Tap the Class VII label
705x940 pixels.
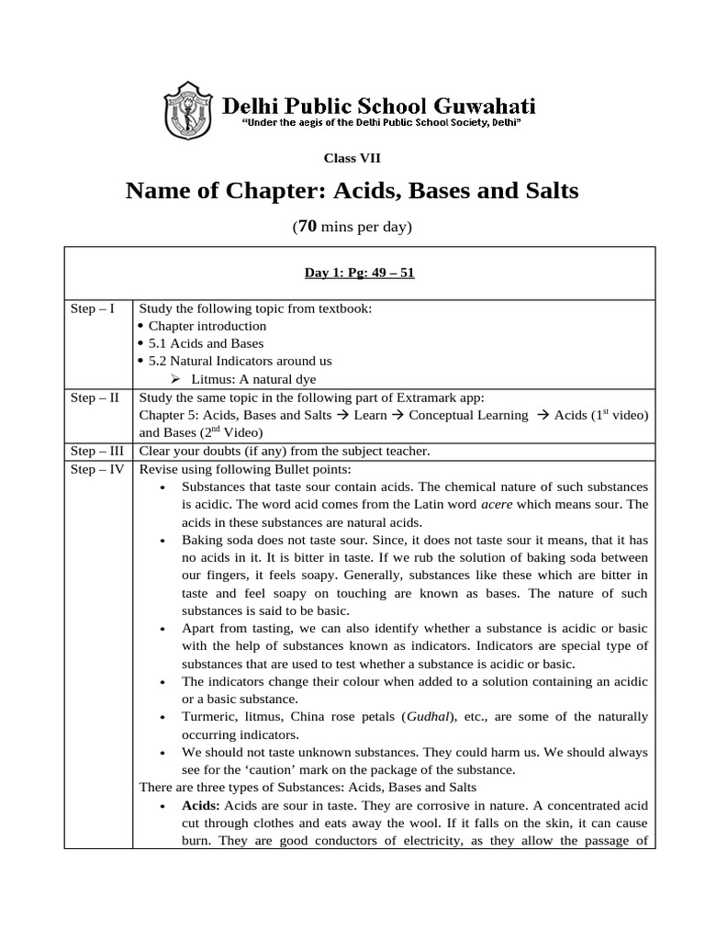[x=352, y=158]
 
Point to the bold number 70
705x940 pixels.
[x=309, y=227]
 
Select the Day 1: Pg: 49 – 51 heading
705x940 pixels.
[x=359, y=273]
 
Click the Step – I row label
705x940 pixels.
[x=93, y=308]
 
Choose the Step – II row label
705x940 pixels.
[x=95, y=397]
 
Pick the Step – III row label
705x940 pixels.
[x=96, y=451]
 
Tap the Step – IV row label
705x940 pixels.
[x=96, y=468]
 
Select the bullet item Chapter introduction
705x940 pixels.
[x=207, y=326]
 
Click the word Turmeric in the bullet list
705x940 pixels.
[x=209, y=716]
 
